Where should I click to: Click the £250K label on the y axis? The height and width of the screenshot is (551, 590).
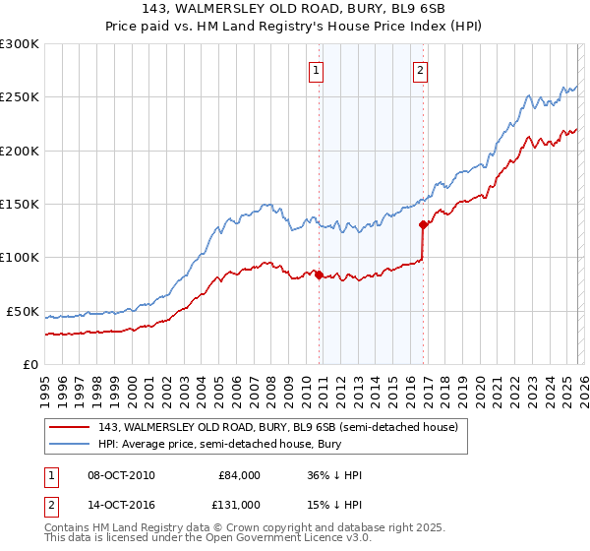coord(19,97)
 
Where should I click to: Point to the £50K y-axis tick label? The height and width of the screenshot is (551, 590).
coord(23,311)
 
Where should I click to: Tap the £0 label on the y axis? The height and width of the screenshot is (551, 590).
coord(29,364)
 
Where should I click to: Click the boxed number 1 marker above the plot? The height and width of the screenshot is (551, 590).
coord(318,70)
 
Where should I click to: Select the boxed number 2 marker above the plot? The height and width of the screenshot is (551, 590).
coord(420,70)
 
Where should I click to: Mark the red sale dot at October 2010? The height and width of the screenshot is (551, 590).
coord(319,275)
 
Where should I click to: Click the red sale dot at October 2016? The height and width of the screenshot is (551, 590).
coord(423,224)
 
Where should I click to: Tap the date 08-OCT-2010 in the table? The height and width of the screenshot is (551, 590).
coord(121,475)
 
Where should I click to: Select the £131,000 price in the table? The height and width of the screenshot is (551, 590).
coord(239,505)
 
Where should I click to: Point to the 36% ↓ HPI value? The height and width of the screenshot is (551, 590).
coord(335,475)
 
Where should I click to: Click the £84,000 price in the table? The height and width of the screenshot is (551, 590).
coord(239,475)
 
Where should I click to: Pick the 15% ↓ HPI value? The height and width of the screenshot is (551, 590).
coord(335,505)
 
